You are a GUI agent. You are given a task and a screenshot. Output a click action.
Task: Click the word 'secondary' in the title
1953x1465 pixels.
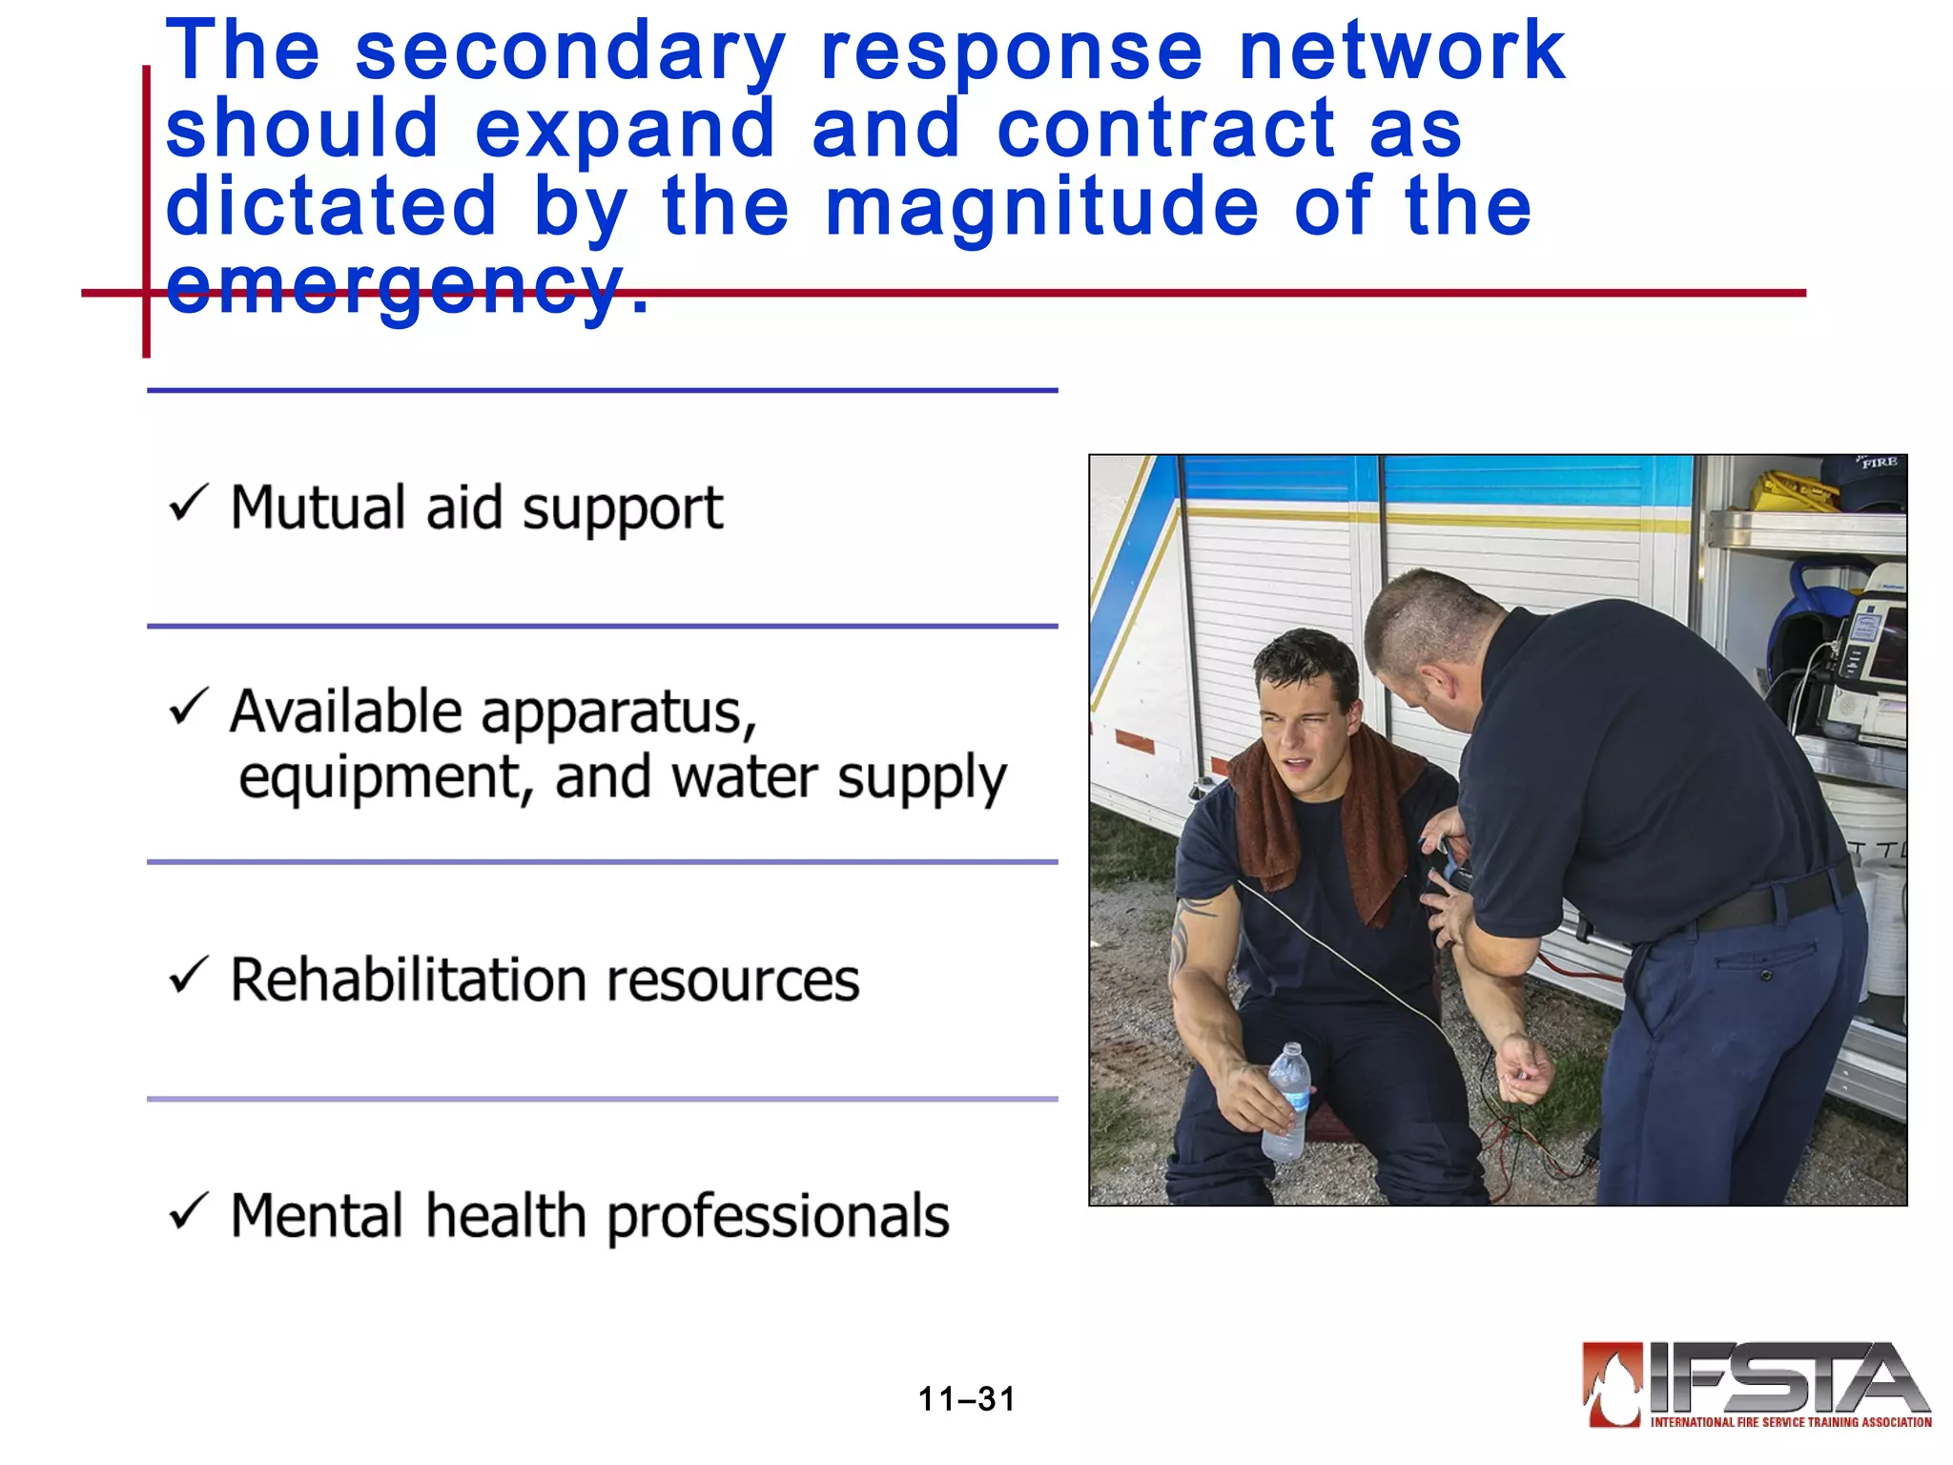click(570, 52)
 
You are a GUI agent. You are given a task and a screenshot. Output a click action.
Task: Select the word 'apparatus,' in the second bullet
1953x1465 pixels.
click(618, 713)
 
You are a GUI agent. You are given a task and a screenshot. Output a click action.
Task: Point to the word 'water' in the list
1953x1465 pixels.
click(745, 777)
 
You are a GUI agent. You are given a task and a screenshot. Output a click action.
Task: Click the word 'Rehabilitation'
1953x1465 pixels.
click(410, 980)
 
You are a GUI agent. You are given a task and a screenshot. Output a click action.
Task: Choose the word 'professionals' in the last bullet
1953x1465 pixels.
click(778, 1218)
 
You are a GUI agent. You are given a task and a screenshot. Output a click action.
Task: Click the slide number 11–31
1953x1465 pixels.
click(966, 1399)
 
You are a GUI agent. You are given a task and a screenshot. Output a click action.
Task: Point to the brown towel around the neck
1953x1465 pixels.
click(1335, 811)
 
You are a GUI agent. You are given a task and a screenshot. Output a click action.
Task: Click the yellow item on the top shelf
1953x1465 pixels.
click(1793, 491)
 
